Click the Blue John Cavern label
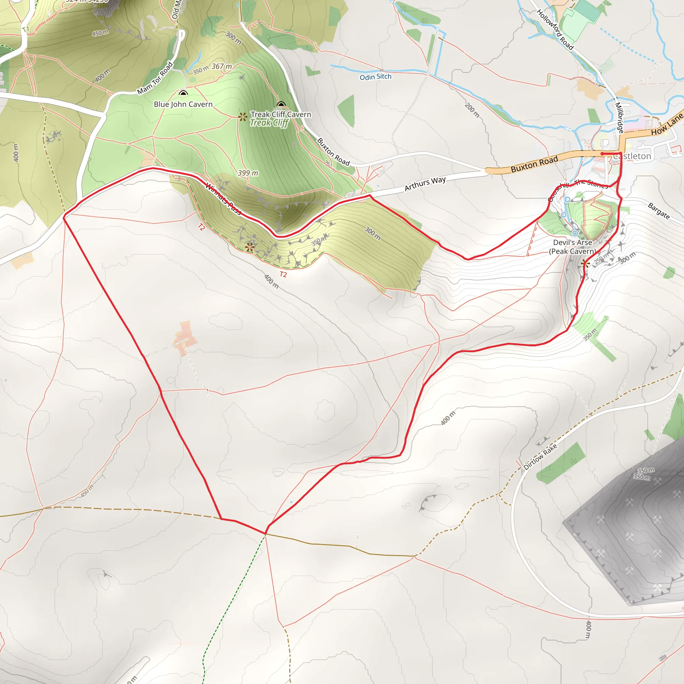pos(183,104)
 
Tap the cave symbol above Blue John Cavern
pos(183,93)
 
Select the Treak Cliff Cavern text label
pos(281,114)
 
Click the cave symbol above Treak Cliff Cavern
pos(281,104)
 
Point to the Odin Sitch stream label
pos(375,77)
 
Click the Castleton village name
pos(632,156)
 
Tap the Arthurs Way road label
pos(425,183)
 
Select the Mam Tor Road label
pos(155,78)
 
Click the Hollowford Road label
pos(555,29)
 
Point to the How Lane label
pos(667,125)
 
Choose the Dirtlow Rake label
pos(540,457)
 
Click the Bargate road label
pos(659,211)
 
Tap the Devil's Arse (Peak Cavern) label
pos(572,247)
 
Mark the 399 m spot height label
pos(248,173)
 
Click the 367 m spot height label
pos(222,66)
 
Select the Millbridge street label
pos(619,118)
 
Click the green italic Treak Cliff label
pos(269,123)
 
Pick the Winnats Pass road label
pos(223,199)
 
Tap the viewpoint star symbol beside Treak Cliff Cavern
pos(242,117)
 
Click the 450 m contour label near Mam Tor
pos(100,33)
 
